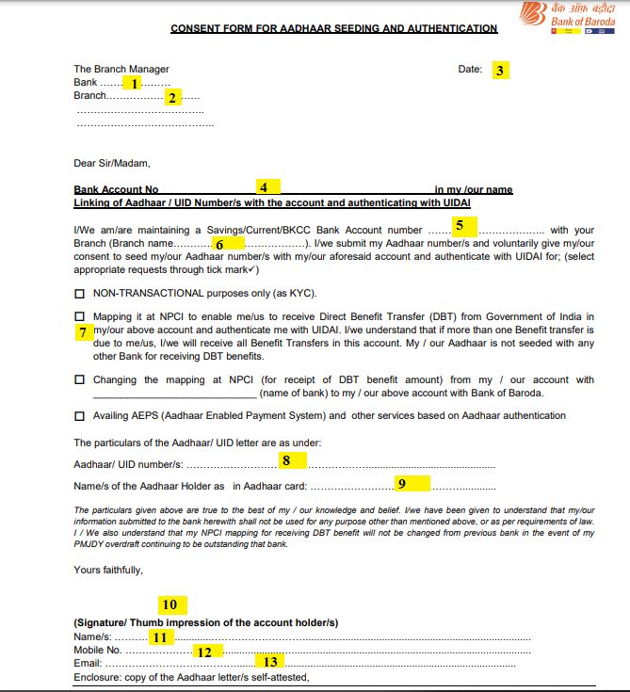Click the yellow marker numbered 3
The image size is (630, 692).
(500, 70)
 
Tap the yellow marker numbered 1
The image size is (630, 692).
(135, 84)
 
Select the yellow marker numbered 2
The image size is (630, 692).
(172, 97)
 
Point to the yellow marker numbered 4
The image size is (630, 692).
(265, 186)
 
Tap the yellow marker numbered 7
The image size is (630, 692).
(83, 332)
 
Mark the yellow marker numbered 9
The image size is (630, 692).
(402, 484)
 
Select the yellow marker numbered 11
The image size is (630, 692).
(161, 637)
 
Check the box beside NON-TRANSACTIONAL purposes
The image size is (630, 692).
(79, 293)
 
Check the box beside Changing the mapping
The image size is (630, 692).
(79, 380)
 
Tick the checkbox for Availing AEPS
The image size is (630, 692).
(79, 415)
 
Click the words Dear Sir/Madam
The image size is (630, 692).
(111, 164)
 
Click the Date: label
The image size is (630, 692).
(470, 70)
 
